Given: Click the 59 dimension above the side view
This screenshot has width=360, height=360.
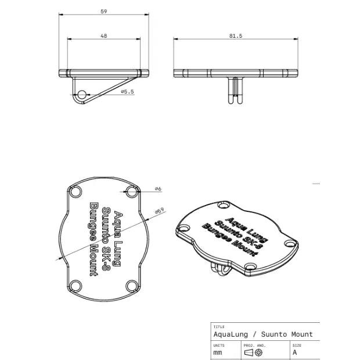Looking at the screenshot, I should [104, 11].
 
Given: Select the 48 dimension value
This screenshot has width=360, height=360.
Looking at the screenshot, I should [104, 36].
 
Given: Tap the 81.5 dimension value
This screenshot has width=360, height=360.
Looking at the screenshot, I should [236, 36].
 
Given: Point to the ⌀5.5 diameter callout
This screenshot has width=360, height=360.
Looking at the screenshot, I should [127, 92].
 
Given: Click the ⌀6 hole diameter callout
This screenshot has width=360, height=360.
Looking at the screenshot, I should [158, 189].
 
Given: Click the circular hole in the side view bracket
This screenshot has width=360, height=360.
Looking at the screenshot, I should [82, 95].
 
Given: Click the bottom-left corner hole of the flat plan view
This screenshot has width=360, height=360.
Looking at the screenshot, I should [75, 286].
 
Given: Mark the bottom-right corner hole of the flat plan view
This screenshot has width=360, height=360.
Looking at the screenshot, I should [132, 286].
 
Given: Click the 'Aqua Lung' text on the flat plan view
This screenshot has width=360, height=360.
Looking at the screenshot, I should [118, 238].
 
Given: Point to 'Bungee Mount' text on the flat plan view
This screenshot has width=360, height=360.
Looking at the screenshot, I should [92, 238].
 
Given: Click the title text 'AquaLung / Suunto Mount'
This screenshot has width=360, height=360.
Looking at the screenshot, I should [263, 334].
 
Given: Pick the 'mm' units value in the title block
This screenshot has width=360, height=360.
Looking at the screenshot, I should [218, 352].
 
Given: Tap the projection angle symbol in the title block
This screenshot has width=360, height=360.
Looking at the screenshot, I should [254, 352].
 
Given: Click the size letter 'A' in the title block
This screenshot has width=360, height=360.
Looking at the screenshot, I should [295, 352].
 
